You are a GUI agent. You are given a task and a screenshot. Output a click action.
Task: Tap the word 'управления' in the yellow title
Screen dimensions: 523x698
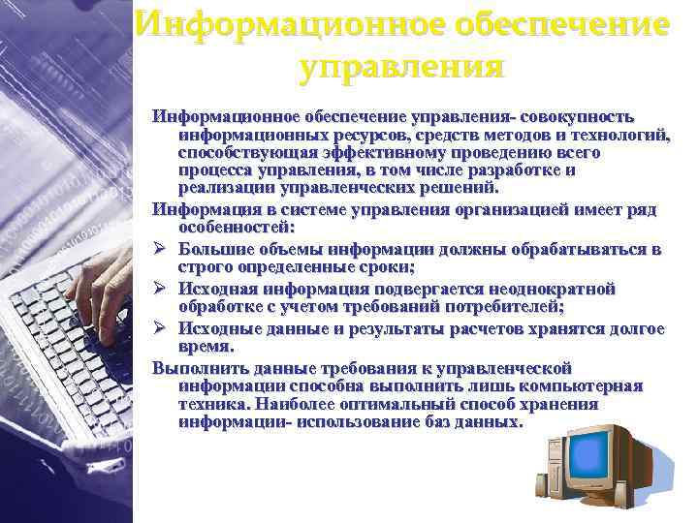coord(402,67)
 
